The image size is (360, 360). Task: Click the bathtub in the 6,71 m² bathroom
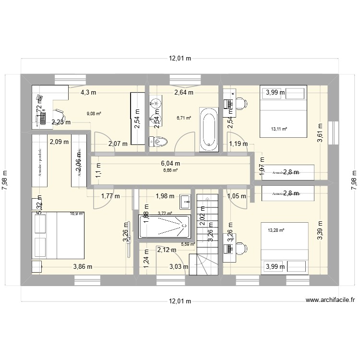pos(208,128)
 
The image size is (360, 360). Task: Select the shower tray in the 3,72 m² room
pos(164,226)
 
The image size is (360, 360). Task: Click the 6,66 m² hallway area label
pos(170,170)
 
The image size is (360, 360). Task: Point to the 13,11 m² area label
pos(279,129)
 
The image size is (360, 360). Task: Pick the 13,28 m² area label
pos(276,230)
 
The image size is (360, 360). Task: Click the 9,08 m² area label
pos(94,114)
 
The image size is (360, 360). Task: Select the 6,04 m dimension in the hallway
pos(170,163)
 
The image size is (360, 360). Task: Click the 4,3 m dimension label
pos(88,93)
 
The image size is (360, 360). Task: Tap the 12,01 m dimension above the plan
pos(180,59)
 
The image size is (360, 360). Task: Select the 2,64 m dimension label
pos(183,93)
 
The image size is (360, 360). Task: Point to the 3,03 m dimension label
pos(179,267)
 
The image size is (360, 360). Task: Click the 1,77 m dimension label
pos(110,195)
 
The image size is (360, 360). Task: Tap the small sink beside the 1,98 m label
pos(186,202)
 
